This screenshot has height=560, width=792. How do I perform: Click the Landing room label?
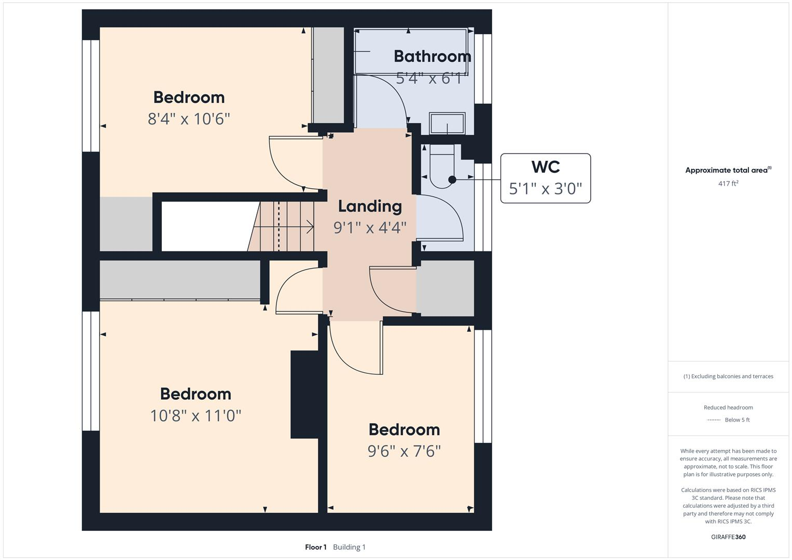pos(370,206)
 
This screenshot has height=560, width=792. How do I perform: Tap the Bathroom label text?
pos(432,56)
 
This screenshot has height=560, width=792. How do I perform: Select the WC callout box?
pos(545,178)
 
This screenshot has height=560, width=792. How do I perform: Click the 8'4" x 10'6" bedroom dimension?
pos(189,119)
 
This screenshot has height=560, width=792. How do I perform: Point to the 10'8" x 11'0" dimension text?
pos(196,415)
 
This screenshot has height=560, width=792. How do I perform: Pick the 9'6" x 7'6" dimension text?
pos(404,451)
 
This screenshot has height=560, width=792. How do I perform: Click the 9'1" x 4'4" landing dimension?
pos(370,227)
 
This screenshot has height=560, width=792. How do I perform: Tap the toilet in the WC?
pos(441,166)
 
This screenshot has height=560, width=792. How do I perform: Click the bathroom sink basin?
pos(447,124)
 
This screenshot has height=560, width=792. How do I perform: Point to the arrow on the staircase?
pos(310,227)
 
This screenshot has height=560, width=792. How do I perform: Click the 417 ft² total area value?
pos(728,184)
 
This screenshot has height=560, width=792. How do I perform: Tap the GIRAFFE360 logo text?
pos(728,537)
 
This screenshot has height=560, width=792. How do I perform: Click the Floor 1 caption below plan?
pos(315,547)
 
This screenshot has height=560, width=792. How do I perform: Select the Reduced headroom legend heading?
pos(728,408)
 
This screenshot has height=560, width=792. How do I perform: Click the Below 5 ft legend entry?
pos(737,420)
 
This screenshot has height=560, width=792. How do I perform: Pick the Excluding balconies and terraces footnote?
pos(728,376)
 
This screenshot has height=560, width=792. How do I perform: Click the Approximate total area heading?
pos(728,170)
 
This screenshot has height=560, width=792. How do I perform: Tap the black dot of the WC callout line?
pos(452,179)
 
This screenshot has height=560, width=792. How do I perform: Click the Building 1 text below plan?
pos(349,547)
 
